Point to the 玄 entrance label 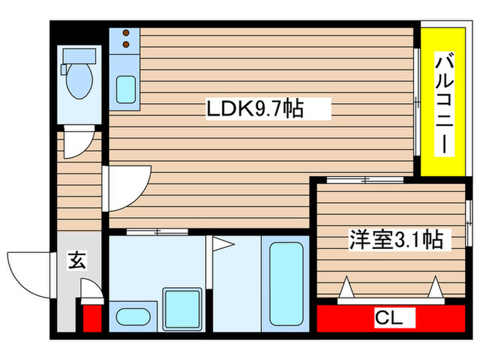pos(77,261)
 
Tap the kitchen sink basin pos(125,89)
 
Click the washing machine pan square pos(181,307)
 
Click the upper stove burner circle pos(125,33)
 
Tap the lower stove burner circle pos(125,45)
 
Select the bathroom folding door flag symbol pos(221,243)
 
